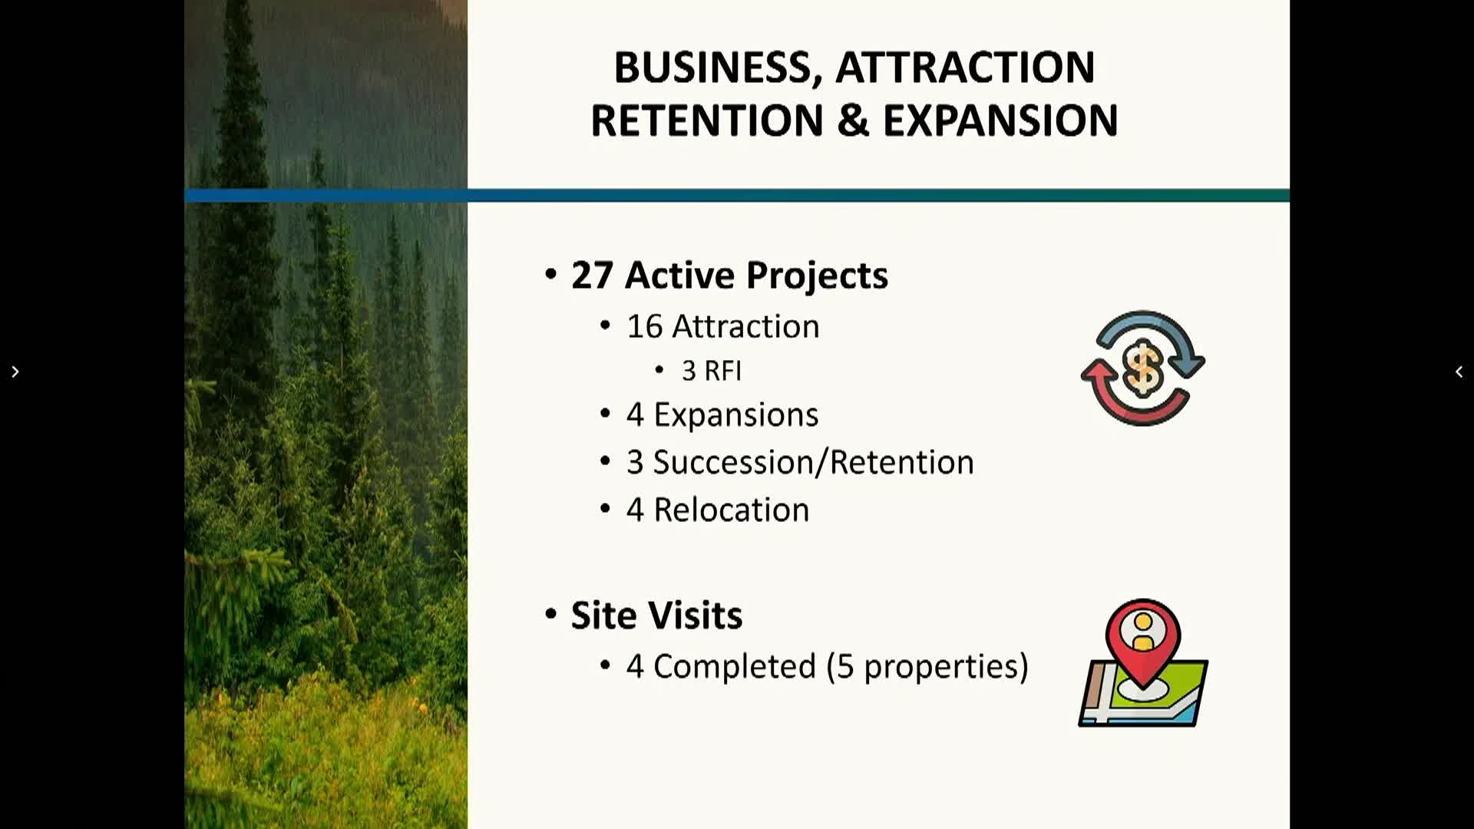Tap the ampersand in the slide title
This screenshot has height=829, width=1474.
coord(853,121)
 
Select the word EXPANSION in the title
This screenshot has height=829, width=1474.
coord(1000,121)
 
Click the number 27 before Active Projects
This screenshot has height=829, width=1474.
coord(592,275)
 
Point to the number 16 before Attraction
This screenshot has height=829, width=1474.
coord(644,326)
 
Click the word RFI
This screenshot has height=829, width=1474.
coord(722,371)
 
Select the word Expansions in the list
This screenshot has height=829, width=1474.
coord(735,415)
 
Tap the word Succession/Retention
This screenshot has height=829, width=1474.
coord(813,462)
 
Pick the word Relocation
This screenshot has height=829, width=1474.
coord(731,510)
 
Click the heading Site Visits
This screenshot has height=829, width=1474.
coord(656,615)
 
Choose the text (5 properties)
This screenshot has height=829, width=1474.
coord(927,666)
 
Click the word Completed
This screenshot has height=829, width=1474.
coord(734,666)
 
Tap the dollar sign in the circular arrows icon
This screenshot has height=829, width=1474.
coord(1142,368)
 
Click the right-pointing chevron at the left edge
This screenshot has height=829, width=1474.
coord(15,372)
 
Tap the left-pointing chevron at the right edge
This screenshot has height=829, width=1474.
coord(1459,372)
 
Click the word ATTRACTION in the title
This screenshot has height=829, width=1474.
coord(965,68)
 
